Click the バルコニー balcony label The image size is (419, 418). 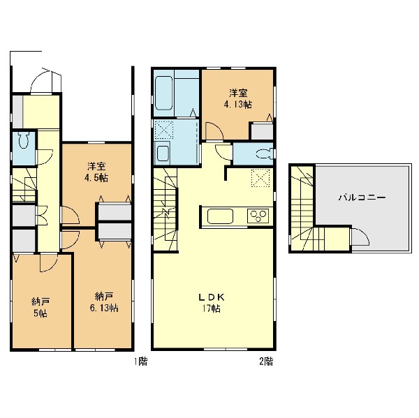(x=362, y=197)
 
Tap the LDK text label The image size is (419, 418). (x=211, y=297)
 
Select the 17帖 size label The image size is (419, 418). (x=211, y=308)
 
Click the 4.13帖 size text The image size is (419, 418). (x=238, y=104)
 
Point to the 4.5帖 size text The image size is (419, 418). (x=96, y=178)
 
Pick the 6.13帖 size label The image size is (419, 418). (x=104, y=308)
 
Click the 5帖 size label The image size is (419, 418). (x=41, y=313)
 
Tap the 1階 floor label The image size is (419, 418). (x=140, y=361)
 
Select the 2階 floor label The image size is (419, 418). (x=266, y=361)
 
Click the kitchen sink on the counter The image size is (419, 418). (x=220, y=216)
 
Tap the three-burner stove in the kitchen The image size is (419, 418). (x=258, y=216)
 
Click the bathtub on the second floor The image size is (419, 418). (x=164, y=93)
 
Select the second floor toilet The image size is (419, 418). (x=265, y=154)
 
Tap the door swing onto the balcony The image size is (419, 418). (x=360, y=237)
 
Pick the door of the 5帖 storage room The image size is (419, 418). (x=49, y=262)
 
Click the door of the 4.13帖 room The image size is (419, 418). (x=214, y=131)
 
